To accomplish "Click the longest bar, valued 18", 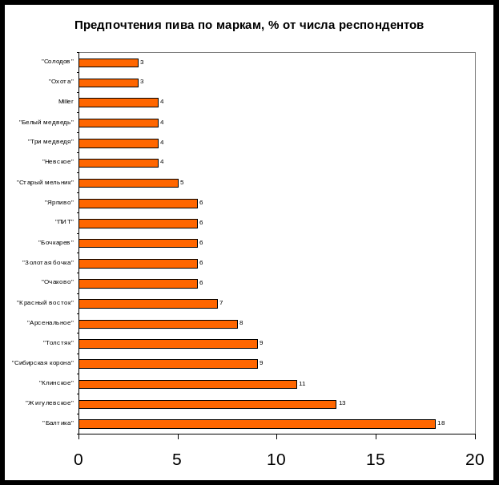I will pyautogui.click(x=256, y=423).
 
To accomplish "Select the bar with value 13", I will pyautogui.click(x=207, y=403).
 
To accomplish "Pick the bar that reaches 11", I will pyautogui.click(x=187, y=383).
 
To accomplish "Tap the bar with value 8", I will pyautogui.click(x=158, y=323).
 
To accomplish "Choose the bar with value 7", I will pyautogui.click(x=148, y=303).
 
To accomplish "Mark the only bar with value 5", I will pyautogui.click(x=128, y=183).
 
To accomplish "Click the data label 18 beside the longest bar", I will pyautogui.click(x=441, y=423).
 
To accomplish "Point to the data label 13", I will pyautogui.click(x=341, y=403).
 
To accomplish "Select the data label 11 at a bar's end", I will pyautogui.click(x=302, y=383).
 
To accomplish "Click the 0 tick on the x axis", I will pyautogui.click(x=78, y=459).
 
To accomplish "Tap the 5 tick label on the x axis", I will pyautogui.click(x=178, y=459).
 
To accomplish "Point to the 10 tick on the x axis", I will pyautogui.click(x=276, y=459).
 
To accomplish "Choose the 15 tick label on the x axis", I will pyautogui.click(x=376, y=459).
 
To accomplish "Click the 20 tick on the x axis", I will pyautogui.click(x=475, y=459).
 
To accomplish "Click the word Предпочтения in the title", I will pyautogui.click(x=112, y=25).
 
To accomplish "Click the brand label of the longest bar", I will pyautogui.click(x=59, y=423).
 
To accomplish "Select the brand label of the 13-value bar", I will pyautogui.click(x=50, y=403).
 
